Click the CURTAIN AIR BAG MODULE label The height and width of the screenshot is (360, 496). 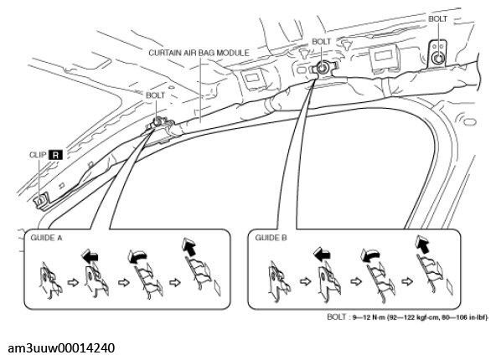point(199,53)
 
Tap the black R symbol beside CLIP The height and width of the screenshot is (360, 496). point(55,155)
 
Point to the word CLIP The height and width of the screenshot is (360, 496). point(38,155)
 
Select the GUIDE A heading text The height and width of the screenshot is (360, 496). point(46,238)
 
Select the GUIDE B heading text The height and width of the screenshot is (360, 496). point(271,238)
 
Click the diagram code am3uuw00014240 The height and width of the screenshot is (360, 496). point(61,348)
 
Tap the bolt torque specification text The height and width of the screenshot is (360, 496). point(407,316)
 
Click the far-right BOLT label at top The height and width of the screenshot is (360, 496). point(437,19)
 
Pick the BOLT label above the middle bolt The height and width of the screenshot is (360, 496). point(321,41)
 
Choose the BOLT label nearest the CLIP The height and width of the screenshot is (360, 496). point(155,95)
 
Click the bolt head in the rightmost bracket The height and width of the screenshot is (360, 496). point(438,58)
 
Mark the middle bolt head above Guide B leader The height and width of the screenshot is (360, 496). point(322,68)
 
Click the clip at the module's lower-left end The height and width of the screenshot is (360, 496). point(41,200)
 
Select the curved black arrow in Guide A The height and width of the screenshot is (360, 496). point(137,255)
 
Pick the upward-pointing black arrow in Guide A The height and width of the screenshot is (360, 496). point(189,246)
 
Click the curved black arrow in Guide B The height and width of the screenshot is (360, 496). point(370,255)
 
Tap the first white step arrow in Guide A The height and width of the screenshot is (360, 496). point(73,282)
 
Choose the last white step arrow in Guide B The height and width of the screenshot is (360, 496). point(408,281)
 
